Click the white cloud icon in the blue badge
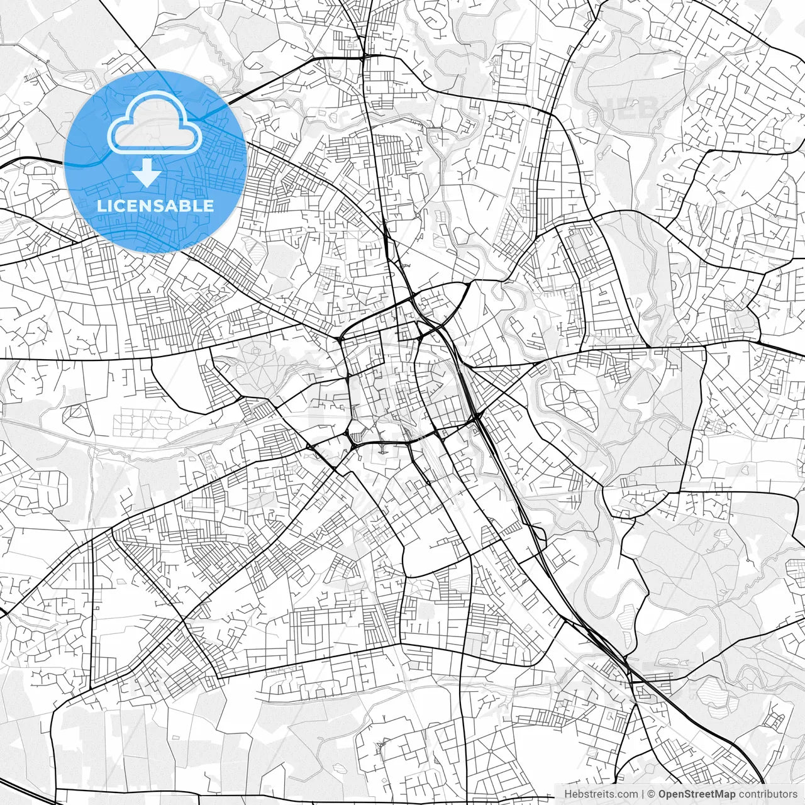pyautogui.click(x=155, y=124)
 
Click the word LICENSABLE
pyautogui.click(x=155, y=206)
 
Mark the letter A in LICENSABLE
pyautogui.click(x=170, y=206)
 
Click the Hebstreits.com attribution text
pyautogui.click(x=601, y=794)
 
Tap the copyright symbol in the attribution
pyautogui.click(x=652, y=794)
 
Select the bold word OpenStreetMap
pyautogui.click(x=696, y=794)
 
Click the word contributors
pyautogui.click(x=767, y=794)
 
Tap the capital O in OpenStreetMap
pyautogui.click(x=662, y=794)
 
